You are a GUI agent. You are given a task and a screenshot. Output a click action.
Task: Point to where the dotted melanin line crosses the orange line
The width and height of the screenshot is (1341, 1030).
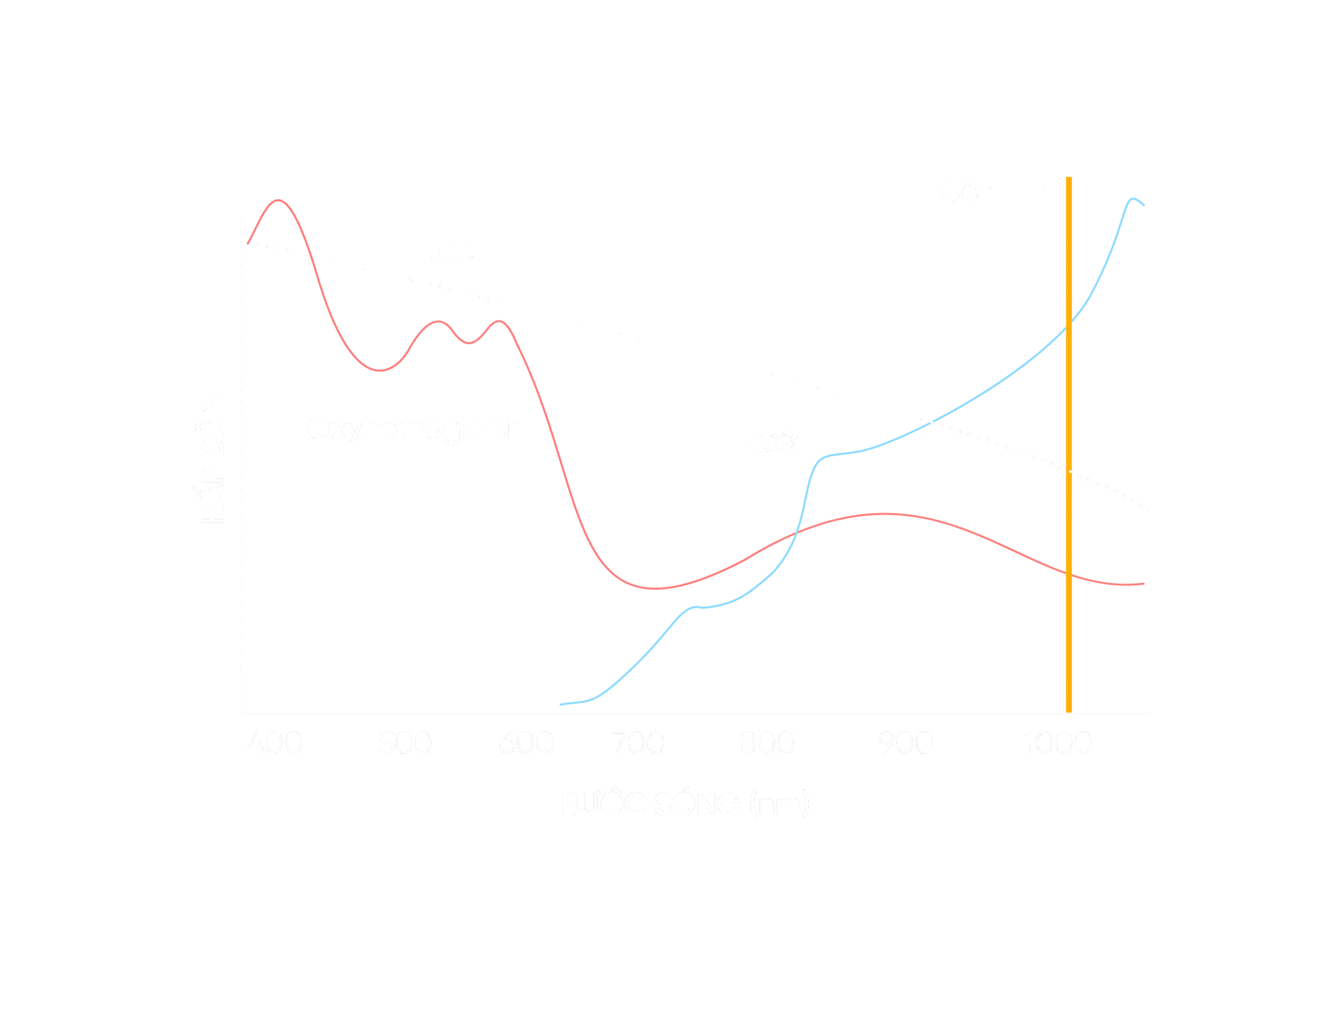1068,472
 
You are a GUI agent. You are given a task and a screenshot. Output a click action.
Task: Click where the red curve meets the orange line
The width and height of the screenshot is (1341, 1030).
1068,574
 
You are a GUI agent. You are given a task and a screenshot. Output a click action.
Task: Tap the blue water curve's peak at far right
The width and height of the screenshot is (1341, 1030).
1133,199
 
